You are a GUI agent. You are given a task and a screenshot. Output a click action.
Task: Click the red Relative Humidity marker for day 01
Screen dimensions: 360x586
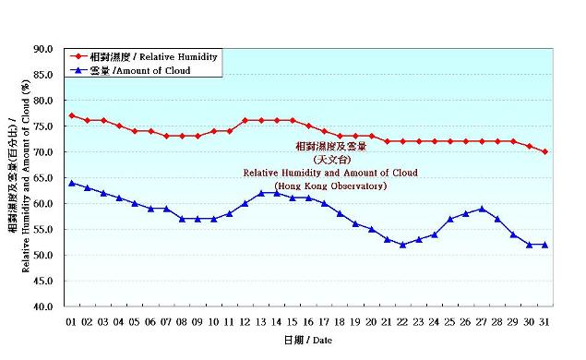pos(72,115)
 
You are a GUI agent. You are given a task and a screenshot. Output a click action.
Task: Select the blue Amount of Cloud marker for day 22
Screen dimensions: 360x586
pos(402,245)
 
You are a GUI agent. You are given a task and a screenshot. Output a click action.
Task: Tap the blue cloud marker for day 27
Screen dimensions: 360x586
pos(482,209)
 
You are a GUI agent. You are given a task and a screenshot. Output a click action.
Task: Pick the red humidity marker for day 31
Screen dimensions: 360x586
pos(544,151)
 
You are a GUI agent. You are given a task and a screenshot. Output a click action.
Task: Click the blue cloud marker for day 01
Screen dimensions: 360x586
pos(72,183)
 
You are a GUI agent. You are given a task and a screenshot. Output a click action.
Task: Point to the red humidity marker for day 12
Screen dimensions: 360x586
pos(245,120)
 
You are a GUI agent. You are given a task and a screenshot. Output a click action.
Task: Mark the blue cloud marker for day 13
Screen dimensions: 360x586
pos(261,193)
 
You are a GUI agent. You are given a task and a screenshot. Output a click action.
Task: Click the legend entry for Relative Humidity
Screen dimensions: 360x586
pos(148,57)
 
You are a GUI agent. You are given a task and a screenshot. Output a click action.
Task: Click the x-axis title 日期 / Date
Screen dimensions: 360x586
pos(307,341)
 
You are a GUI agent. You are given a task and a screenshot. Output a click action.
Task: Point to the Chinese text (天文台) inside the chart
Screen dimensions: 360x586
pos(329,159)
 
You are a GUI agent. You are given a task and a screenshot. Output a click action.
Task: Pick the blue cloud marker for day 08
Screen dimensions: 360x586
pos(182,219)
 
